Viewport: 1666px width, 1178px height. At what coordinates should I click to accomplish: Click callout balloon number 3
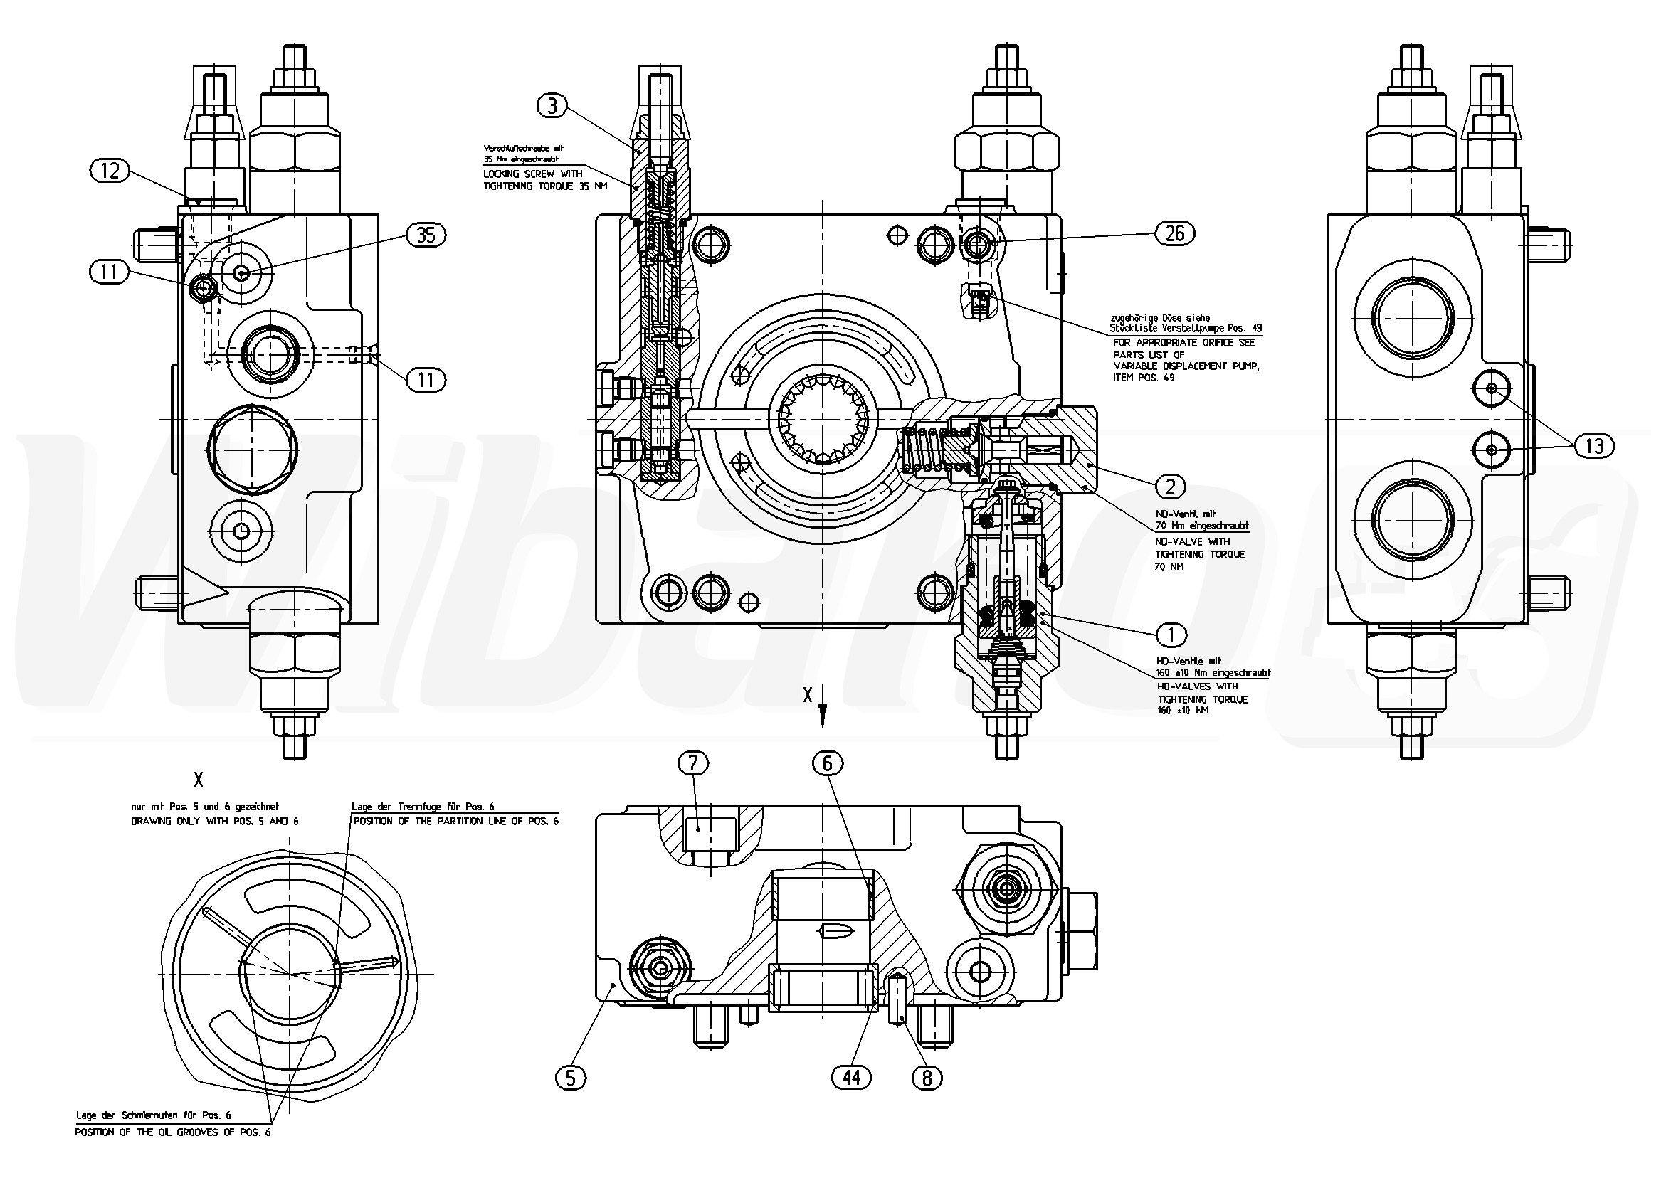[552, 107]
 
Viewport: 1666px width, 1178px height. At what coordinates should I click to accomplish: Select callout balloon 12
[110, 171]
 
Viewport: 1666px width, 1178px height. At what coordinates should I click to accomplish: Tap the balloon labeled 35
[426, 235]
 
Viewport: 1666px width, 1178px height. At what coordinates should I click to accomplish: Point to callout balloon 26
[1175, 233]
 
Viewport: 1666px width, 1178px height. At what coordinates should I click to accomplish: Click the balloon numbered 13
[1594, 445]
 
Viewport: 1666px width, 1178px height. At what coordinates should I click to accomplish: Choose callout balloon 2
[1170, 486]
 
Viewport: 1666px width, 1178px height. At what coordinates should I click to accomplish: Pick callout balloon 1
[1170, 635]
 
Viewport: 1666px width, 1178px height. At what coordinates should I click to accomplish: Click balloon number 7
[693, 763]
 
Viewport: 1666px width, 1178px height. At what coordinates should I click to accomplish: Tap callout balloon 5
[570, 1078]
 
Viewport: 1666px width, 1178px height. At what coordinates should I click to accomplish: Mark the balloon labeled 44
[852, 1078]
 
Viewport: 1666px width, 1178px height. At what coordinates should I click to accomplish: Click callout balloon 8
[927, 1078]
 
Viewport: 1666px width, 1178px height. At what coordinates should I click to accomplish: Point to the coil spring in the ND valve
[922, 450]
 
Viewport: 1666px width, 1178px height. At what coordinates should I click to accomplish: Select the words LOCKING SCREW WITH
[533, 174]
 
